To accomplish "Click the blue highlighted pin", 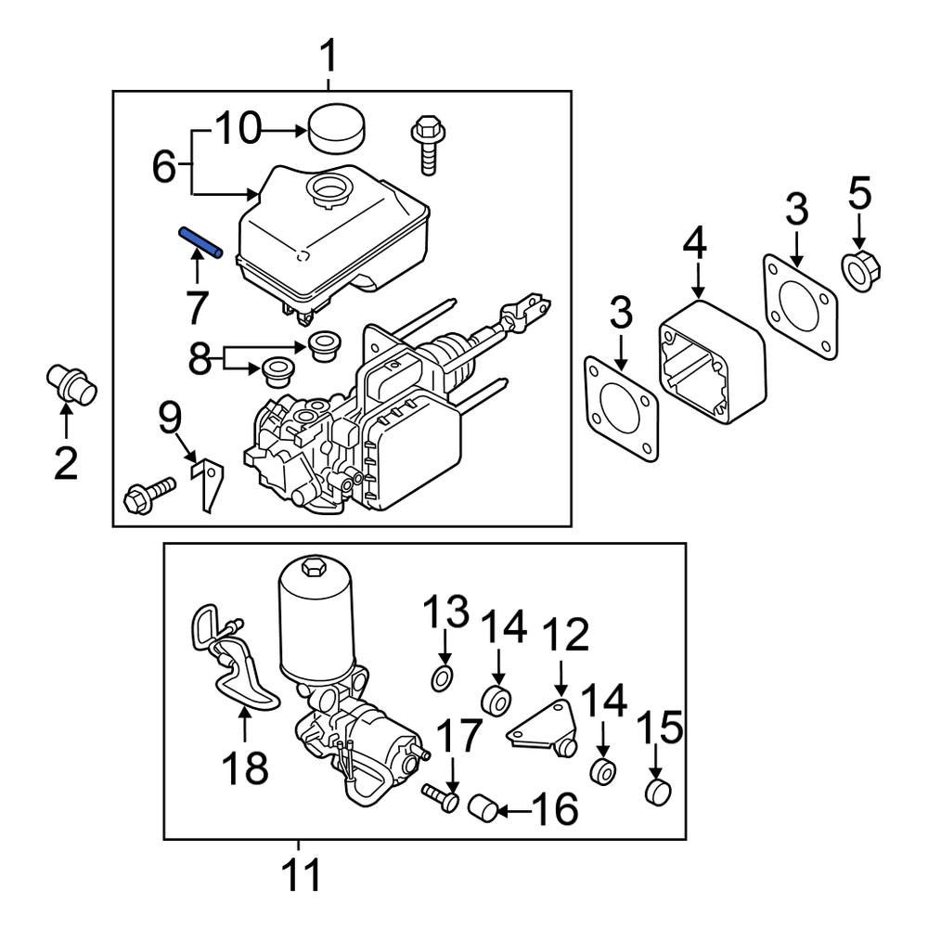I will tap(201, 244).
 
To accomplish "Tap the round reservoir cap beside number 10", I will tap(335, 128).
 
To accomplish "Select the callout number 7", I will tap(196, 307).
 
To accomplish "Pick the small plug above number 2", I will tap(70, 384).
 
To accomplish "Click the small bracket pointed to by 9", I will tap(211, 483).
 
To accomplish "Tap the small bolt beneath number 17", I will tap(440, 796).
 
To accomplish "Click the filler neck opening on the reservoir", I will tap(329, 192).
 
